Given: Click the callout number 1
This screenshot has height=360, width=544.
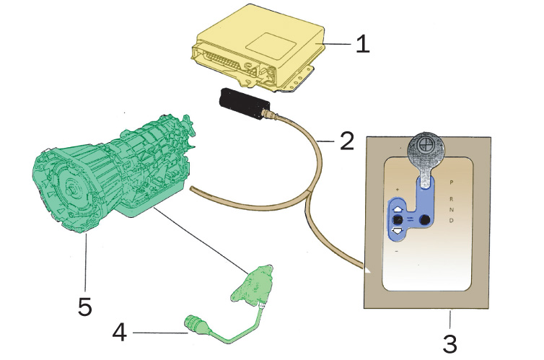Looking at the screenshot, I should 362,44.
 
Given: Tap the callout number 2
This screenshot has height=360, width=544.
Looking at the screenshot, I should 346,141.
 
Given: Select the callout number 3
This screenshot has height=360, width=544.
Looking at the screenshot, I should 449,341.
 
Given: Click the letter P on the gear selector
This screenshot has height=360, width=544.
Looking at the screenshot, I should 451,183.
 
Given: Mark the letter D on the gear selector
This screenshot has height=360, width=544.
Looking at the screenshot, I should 451,221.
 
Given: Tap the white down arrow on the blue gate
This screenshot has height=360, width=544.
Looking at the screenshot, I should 396,230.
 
